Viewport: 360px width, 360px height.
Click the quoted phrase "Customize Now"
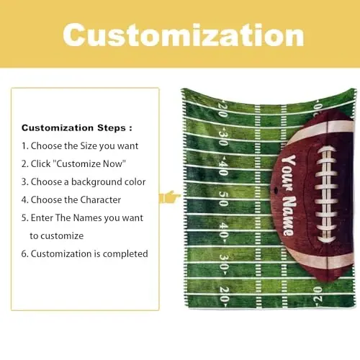click(94, 163)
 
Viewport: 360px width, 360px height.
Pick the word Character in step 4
click(96, 199)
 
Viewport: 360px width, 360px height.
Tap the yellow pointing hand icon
click(170, 196)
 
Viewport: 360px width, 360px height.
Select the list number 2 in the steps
click(24, 163)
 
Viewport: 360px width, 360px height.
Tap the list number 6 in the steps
click(24, 253)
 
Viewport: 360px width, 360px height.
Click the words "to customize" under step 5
click(57, 235)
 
